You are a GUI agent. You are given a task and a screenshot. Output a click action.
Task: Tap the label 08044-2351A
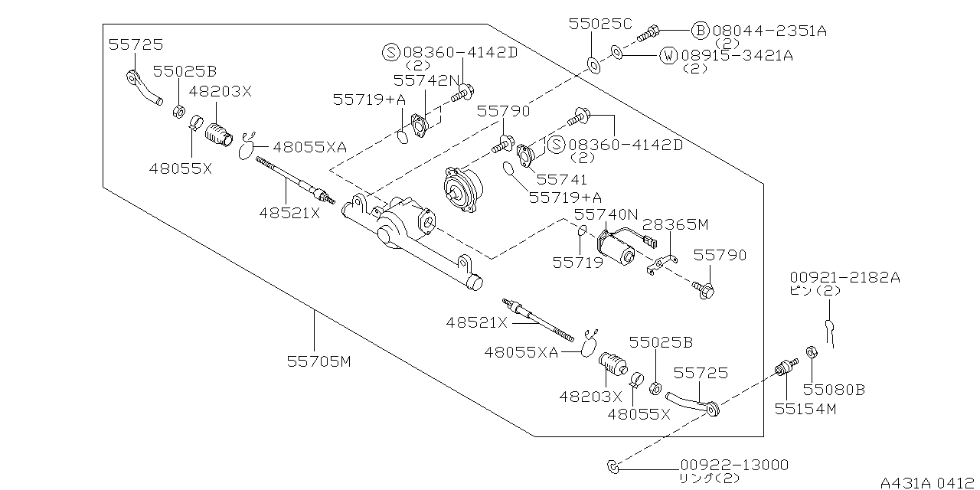click(769, 31)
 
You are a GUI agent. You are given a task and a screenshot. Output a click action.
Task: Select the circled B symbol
click(700, 31)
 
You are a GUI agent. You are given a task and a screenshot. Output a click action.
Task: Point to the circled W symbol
click(668, 55)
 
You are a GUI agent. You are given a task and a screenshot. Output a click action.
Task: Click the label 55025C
click(600, 24)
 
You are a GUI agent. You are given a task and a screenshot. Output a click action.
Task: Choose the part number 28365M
click(675, 224)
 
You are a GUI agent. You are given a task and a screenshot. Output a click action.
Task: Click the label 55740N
click(606, 215)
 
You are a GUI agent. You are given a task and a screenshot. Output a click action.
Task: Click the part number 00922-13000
click(733, 465)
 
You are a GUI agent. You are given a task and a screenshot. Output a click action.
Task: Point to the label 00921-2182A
click(845, 278)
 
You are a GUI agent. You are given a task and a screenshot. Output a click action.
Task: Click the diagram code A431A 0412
click(929, 482)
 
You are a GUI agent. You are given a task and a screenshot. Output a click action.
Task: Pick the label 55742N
click(426, 80)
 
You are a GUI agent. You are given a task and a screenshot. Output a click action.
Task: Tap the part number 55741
click(561, 180)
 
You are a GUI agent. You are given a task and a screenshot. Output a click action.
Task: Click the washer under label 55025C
click(593, 63)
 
